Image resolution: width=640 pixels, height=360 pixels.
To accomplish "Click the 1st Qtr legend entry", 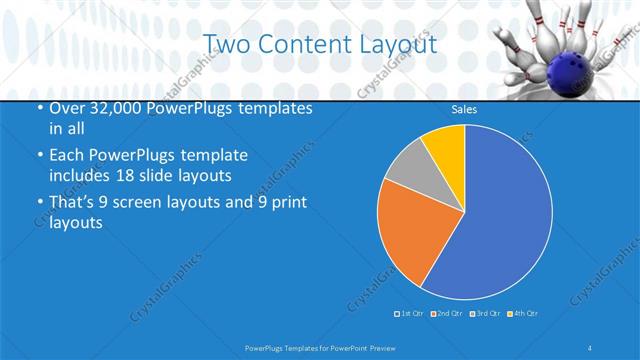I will pyautogui.click(x=411, y=314).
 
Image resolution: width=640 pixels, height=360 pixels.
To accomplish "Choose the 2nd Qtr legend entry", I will pyautogui.click(x=446, y=314).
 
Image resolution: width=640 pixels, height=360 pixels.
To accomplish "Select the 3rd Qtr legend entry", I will pyautogui.click(x=485, y=314).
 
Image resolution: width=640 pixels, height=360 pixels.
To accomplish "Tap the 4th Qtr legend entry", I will pyautogui.click(x=523, y=314).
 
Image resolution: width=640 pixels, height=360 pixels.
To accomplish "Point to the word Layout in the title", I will pyautogui.click(x=400, y=44).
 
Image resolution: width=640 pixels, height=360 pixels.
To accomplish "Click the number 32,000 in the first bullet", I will pyautogui.click(x=111, y=107).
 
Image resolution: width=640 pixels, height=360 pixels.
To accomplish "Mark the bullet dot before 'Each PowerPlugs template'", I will pyautogui.click(x=39, y=157).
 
